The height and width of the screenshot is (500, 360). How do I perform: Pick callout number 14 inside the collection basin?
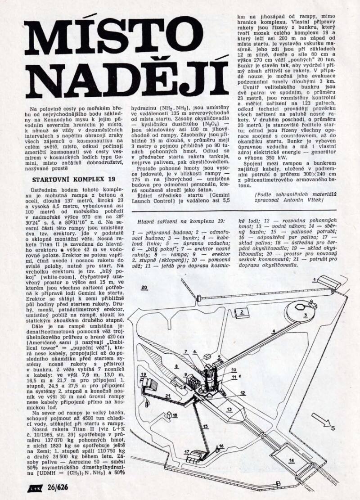292,459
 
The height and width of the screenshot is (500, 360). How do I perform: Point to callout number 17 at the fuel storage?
187,451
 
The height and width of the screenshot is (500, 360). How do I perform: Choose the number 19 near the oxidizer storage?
144,374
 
